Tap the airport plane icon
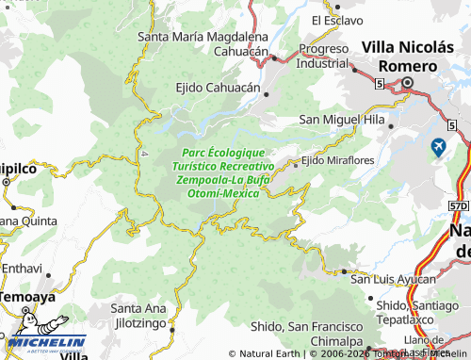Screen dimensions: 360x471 pos(439,147)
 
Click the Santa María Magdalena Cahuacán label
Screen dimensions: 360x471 pos(203,44)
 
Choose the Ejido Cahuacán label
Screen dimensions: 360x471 pos(218,87)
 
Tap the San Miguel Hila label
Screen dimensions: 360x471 pos(342,120)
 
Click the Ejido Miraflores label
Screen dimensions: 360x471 pos(337,161)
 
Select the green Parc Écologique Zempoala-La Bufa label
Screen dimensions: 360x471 pos(224,172)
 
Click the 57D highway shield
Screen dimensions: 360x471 pos(458,204)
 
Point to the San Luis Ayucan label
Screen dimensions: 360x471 pos(393,279)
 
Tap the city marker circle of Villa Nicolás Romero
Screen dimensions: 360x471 pos(408,84)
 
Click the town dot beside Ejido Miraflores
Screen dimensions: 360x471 pos(295,162)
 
